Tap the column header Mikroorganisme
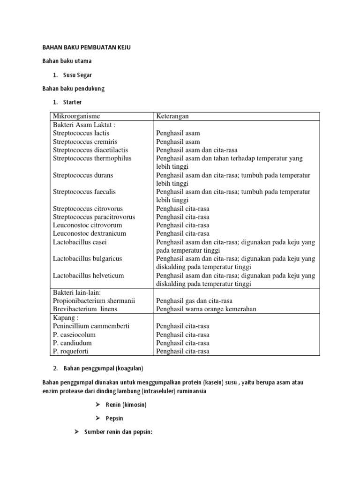pos(76,116)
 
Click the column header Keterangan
pos(172,116)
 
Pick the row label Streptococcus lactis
pos(81,133)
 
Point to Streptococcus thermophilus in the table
pos(92,158)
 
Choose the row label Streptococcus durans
pos(83,175)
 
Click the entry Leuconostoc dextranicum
pos(90,233)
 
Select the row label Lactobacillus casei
pos(80,242)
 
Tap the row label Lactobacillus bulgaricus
pos(88,259)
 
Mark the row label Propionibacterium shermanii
pos(94,301)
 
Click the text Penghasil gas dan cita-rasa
pos(195,301)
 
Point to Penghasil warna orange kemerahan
pos(206,309)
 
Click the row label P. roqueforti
pos(71,351)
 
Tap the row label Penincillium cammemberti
pos(91,326)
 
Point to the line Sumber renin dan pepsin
pos(119,432)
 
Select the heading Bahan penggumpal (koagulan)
pos(103,368)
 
